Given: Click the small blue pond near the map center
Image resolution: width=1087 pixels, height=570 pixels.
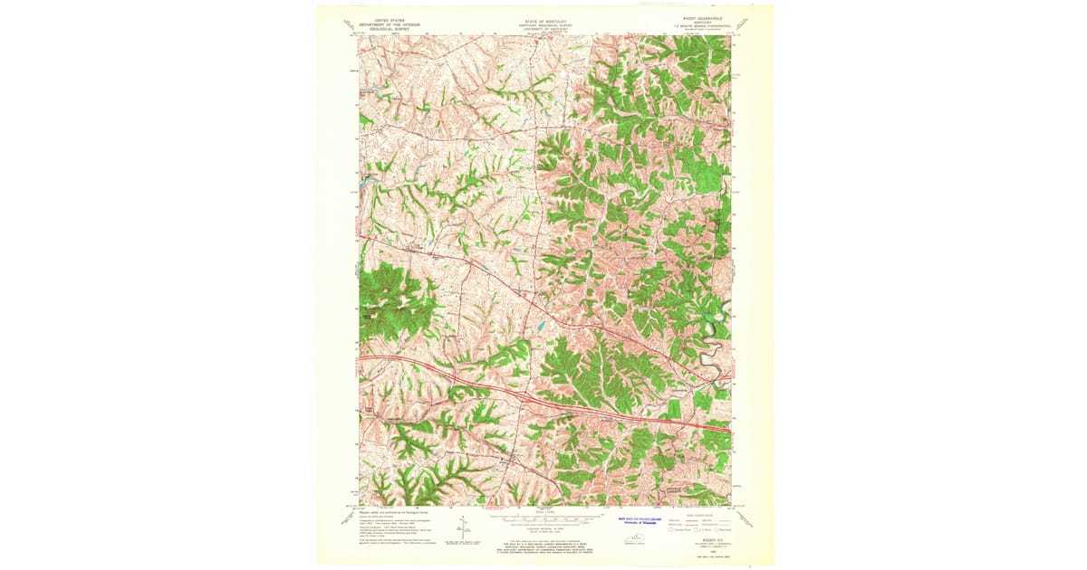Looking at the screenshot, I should point(541,324).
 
